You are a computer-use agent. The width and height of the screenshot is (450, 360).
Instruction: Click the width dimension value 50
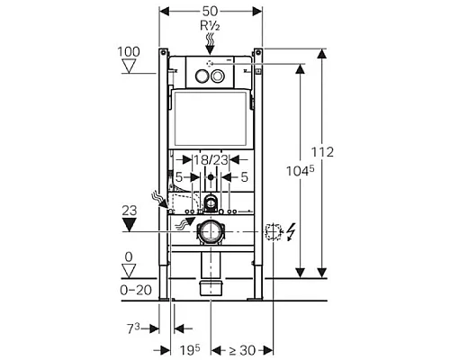point(210,9)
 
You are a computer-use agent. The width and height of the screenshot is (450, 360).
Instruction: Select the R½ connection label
point(210,27)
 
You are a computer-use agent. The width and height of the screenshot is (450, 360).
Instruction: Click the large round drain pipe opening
point(210,229)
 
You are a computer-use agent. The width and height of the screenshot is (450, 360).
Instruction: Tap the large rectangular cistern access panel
point(210,119)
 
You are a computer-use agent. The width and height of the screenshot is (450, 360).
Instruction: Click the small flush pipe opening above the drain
point(210,200)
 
